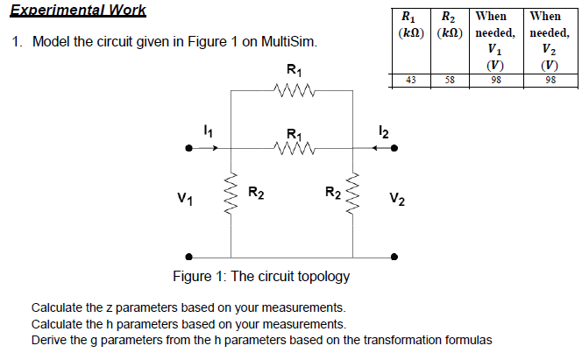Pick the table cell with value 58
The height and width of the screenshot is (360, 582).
(450, 80)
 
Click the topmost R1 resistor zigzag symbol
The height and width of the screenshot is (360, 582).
(291, 88)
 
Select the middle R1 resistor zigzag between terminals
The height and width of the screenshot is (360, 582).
(291, 149)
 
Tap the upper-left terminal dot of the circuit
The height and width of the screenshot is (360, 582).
(188, 149)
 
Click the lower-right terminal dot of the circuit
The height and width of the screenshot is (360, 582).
(395, 257)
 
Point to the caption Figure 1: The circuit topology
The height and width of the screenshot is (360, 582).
(261, 277)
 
